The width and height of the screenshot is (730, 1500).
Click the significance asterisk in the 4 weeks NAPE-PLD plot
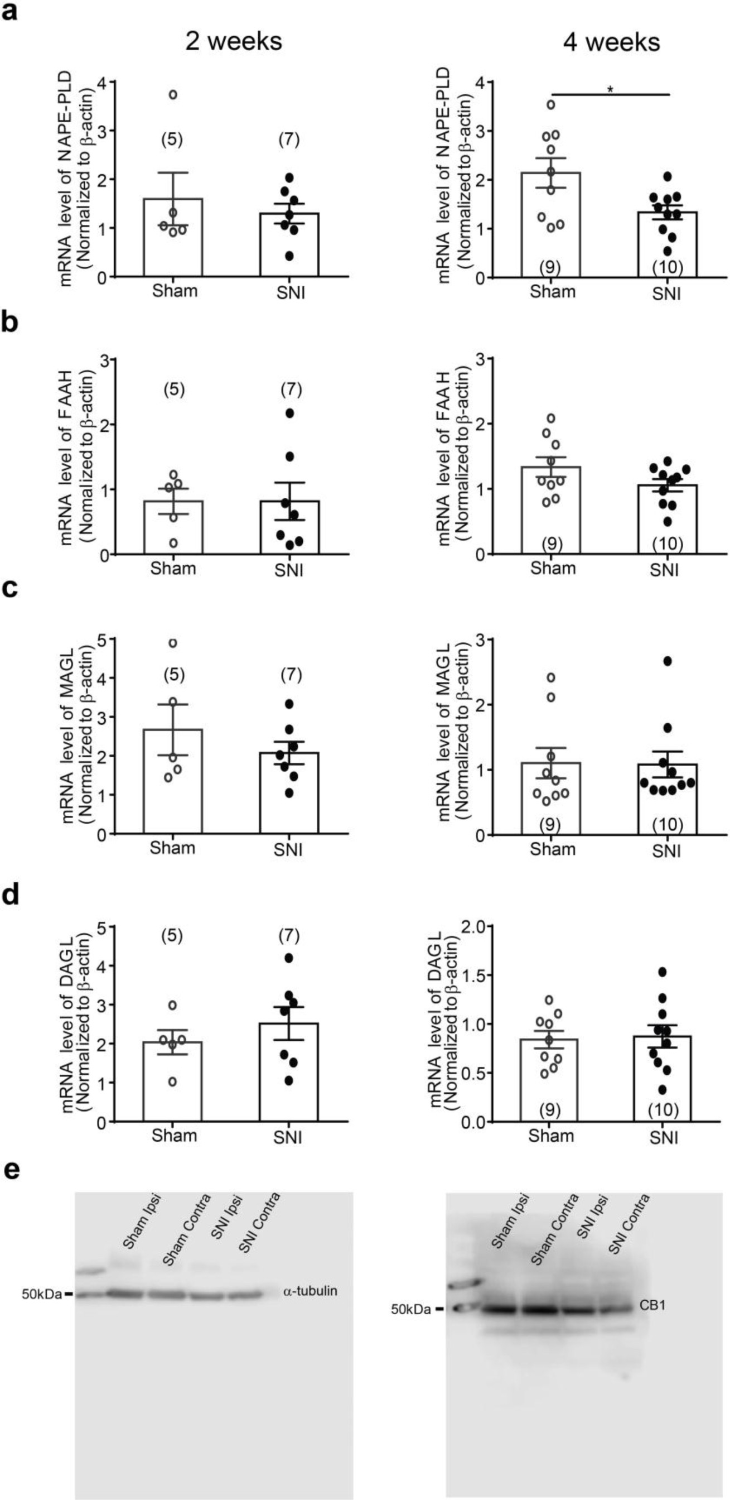[610, 89]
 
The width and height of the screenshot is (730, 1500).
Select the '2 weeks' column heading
[234, 42]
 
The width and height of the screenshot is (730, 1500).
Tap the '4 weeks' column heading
[612, 42]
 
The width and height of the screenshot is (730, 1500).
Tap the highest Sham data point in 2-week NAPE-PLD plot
[173, 94]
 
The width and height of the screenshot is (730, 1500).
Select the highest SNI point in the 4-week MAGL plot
[668, 661]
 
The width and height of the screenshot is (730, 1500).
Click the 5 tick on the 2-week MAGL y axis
[103, 640]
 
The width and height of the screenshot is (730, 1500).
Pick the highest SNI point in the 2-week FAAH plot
[289, 414]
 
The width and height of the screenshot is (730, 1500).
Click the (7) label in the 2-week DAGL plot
[289, 936]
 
